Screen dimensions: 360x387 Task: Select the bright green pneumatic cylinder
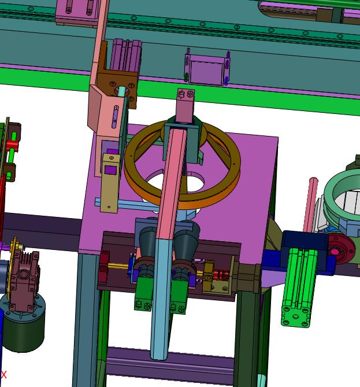click(x=298, y=288)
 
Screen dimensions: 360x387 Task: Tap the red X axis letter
click(x=3, y=375)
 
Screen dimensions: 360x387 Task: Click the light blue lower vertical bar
click(x=161, y=298)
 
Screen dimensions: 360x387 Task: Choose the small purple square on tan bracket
click(x=110, y=170)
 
